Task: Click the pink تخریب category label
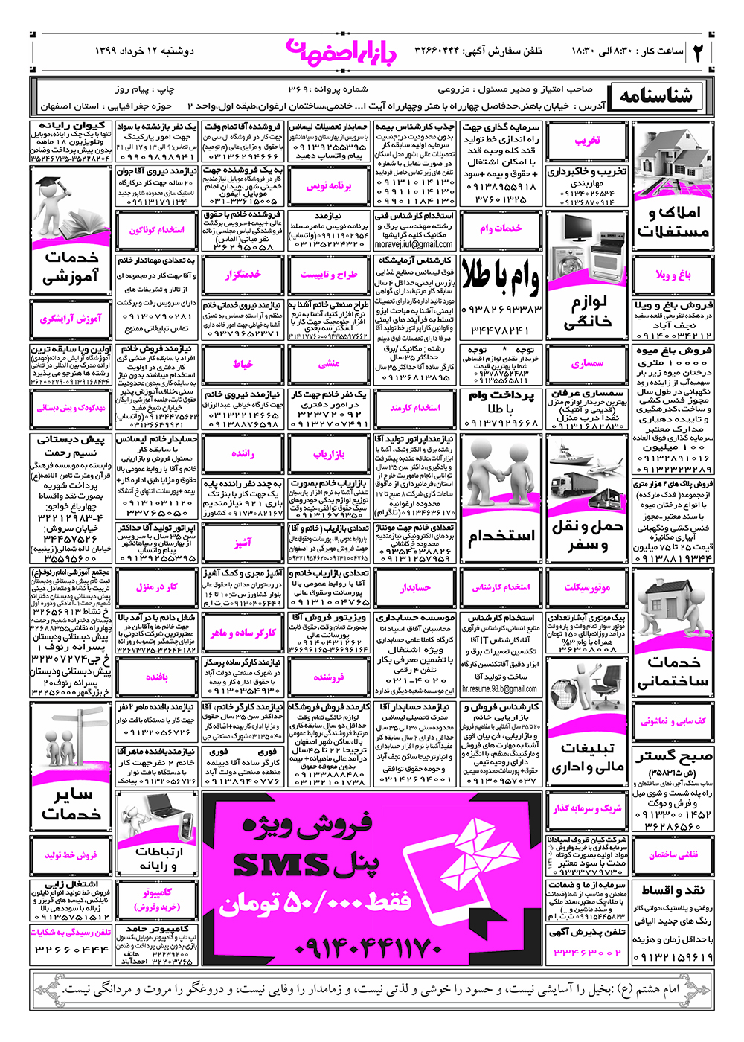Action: [586, 141]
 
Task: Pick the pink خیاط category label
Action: [243, 364]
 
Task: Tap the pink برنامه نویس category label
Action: [328, 186]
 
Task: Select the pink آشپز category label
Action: [243, 543]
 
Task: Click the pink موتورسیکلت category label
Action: [587, 587]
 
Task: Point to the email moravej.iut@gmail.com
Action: [414, 244]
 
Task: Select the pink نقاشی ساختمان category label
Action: [673, 854]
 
